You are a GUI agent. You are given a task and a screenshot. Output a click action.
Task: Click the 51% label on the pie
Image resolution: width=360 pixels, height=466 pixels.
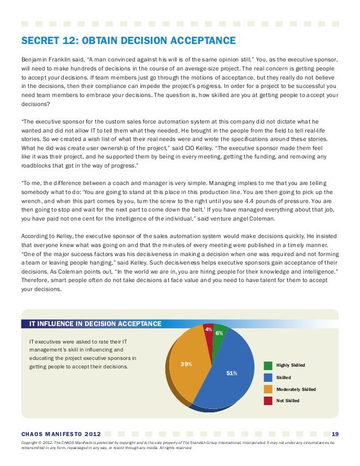tap(231, 373)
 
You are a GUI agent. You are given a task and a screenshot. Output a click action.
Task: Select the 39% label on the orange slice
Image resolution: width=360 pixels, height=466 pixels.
tap(186, 364)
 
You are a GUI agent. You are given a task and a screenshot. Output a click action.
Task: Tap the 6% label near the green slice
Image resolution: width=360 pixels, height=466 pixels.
tap(219, 333)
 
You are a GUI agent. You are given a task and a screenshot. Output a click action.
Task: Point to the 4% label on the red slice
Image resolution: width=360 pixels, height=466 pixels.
tap(208, 329)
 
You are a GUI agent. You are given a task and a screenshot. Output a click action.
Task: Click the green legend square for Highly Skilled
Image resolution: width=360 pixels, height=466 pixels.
tap(268, 365)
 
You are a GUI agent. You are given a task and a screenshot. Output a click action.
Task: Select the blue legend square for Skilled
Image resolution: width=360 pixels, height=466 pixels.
tap(268, 377)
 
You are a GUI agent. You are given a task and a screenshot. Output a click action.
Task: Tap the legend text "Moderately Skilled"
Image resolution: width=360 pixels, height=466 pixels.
tap(296, 389)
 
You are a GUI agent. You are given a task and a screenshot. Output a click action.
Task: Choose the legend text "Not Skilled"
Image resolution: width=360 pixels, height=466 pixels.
tap(288, 401)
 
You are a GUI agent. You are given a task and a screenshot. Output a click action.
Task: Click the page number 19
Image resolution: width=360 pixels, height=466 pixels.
tap(335, 434)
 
